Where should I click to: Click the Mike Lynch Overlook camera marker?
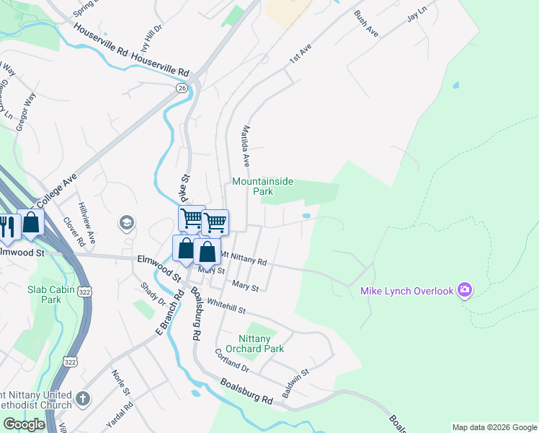pos(465,290)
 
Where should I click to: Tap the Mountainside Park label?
pos(262,186)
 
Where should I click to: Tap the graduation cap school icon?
pos(127,222)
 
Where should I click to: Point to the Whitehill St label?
pos(226,306)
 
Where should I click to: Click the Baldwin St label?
pos(295,383)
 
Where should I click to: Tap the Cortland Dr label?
pos(231,362)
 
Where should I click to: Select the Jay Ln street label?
pos(416,14)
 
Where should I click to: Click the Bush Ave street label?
pos(366,24)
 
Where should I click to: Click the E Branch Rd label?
pos(162,316)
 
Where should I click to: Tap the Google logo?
pos(24,424)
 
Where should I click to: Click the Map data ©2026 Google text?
pos(494,427)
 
